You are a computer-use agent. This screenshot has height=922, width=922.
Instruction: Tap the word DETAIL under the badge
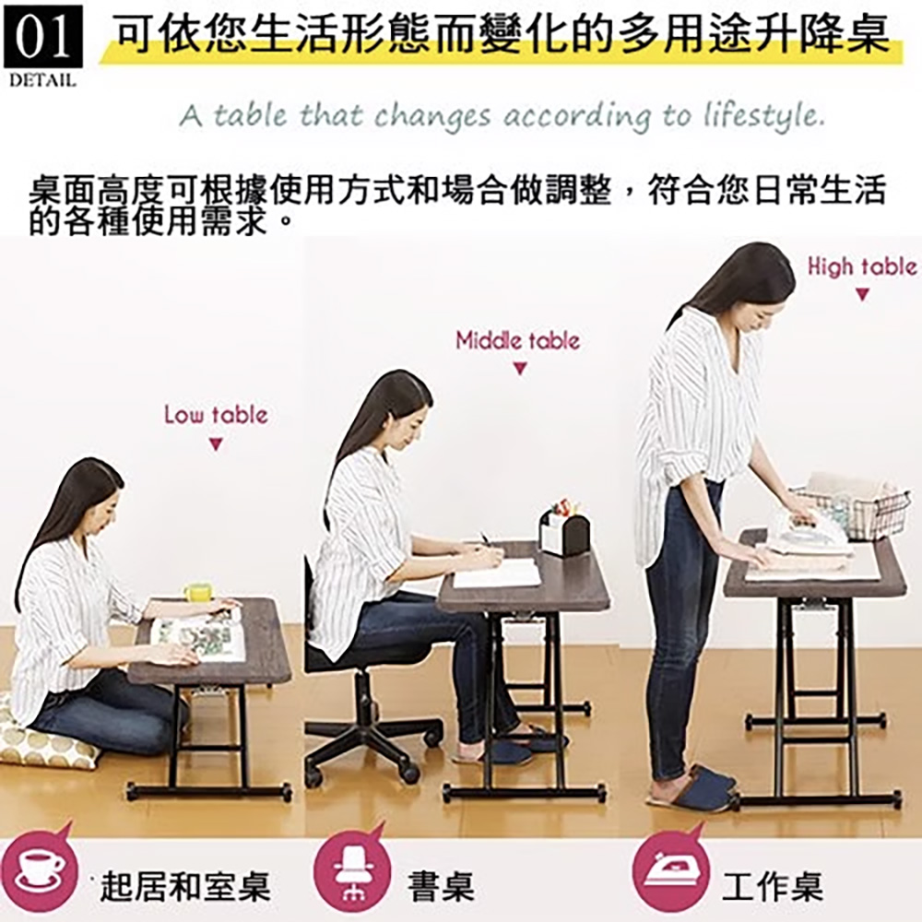pyautogui.click(x=42, y=81)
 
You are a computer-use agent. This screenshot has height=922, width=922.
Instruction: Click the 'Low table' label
pyautogui.click(x=216, y=416)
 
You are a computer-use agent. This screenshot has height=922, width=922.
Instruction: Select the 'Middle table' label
pyautogui.click(x=518, y=341)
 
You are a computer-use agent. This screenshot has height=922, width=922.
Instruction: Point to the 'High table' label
pyautogui.click(x=862, y=267)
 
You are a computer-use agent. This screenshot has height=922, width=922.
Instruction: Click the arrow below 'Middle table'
pyautogui.click(x=519, y=370)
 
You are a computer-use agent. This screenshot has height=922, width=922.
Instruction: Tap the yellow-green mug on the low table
pyautogui.click(x=197, y=594)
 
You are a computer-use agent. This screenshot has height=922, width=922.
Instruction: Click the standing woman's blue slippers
pyautogui.click(x=700, y=788)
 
